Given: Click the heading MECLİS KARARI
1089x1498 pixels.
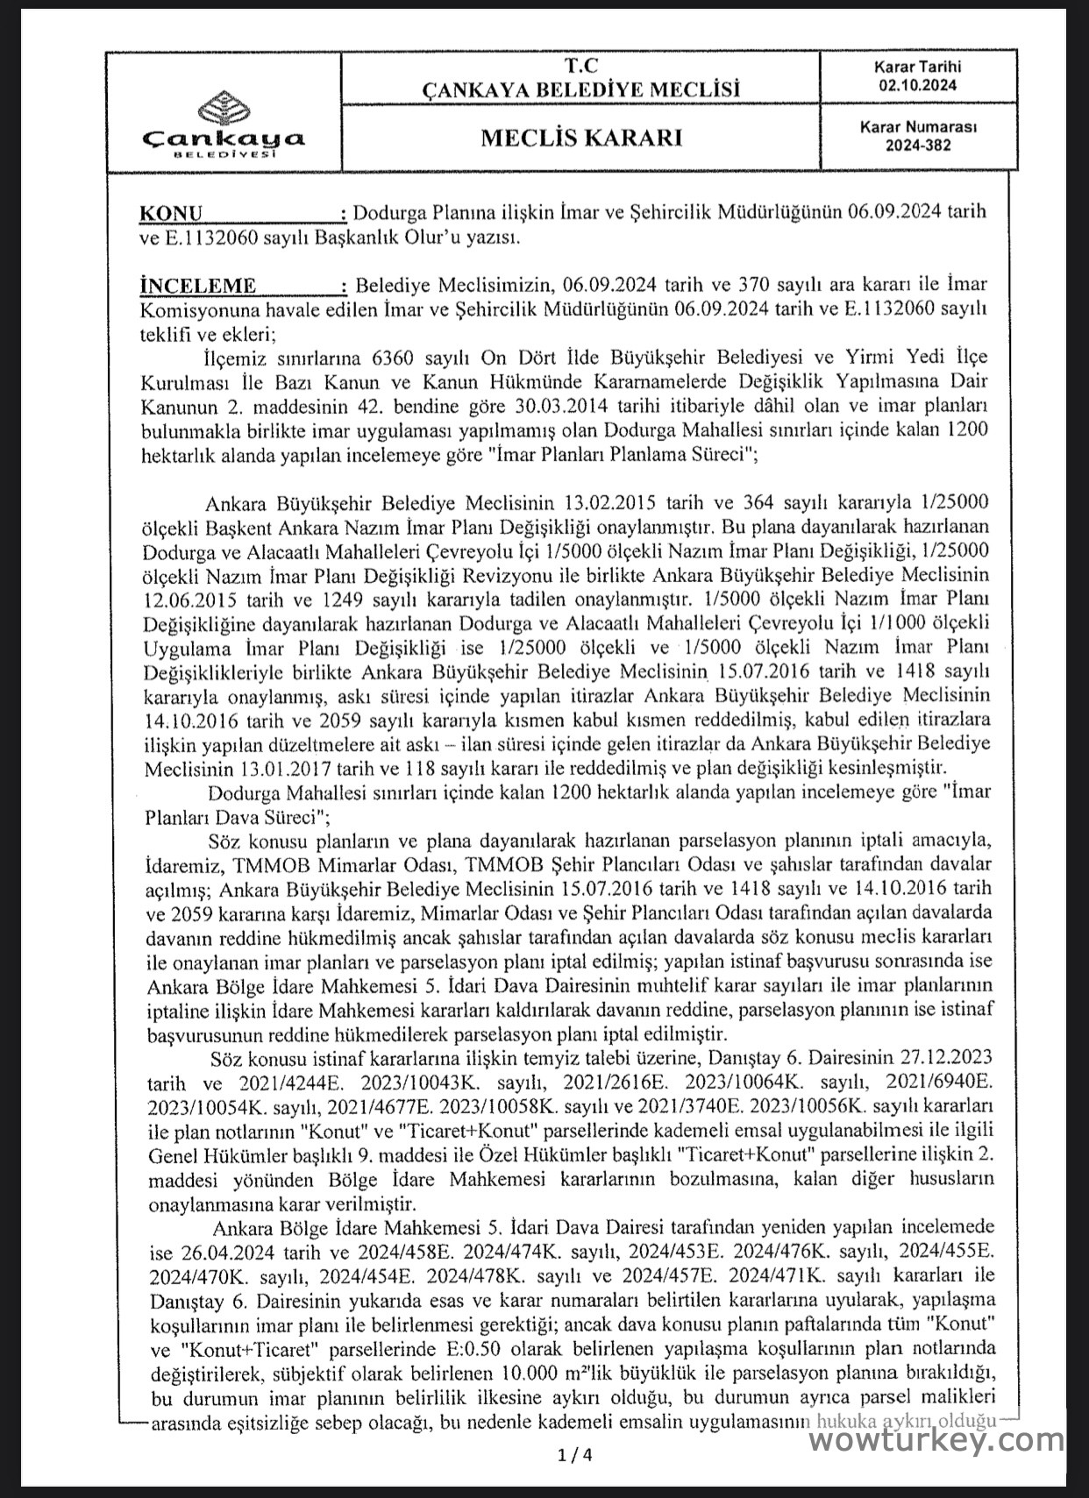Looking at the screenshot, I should pos(580,138).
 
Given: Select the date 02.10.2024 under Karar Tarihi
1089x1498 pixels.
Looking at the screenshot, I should pos(918,85).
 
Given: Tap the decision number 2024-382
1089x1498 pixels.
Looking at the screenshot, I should pos(918,146).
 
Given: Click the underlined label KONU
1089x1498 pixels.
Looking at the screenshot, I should pos(170,214).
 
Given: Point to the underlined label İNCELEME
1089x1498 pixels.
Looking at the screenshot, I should pos(197,286).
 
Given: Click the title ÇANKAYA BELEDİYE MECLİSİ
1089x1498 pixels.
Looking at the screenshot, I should pos(580,89).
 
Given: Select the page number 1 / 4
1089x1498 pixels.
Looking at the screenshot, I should pos(575,1456).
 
